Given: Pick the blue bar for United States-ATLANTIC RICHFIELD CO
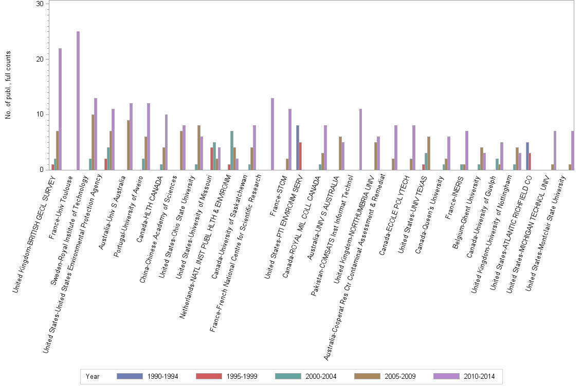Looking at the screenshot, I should coord(527,156).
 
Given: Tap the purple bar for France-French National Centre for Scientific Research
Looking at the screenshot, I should coord(272,134).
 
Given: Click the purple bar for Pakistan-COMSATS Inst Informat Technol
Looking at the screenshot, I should coord(361,139).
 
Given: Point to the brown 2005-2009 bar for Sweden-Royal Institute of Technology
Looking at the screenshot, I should coord(93,142).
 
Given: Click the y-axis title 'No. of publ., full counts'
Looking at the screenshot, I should coord(8,85).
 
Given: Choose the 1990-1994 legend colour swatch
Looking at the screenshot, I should coord(130,376).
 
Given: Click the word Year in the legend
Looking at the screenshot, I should coord(93,376).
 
